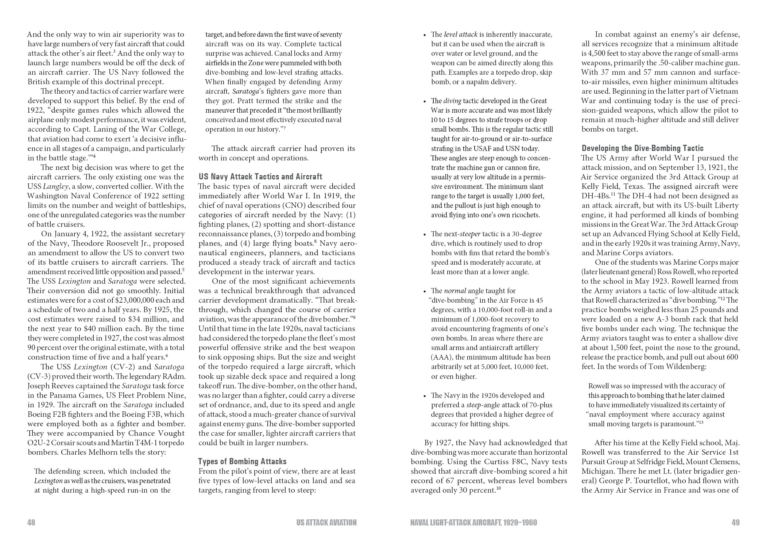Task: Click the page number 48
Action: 31,523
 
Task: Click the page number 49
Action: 735,523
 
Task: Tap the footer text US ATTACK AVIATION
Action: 326,523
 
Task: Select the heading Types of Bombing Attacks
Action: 242,461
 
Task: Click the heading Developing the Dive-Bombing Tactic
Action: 642,148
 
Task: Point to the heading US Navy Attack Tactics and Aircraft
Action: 260,176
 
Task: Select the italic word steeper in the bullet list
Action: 470,234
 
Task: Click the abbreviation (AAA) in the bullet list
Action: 442,357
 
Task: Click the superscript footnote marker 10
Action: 499,489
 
